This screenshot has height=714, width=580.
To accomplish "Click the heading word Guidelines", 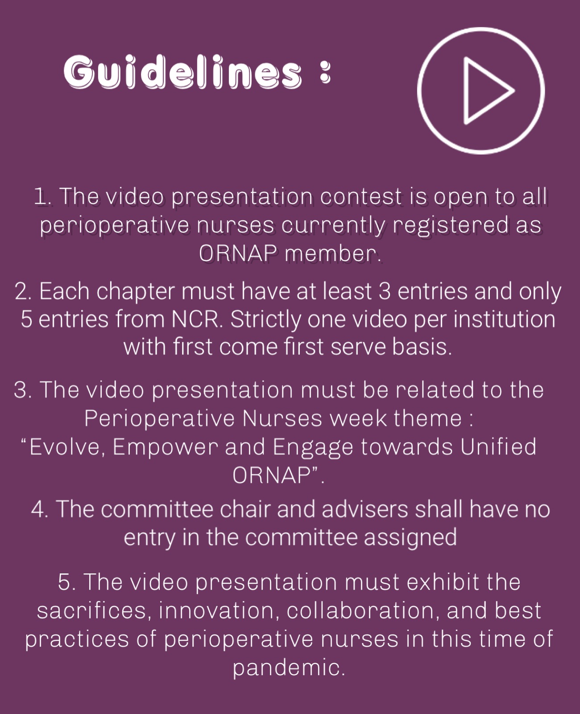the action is click(x=183, y=72).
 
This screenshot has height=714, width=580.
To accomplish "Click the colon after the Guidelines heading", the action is click(x=325, y=72).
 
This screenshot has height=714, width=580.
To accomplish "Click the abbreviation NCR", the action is click(x=197, y=319).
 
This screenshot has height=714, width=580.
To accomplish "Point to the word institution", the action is click(x=505, y=319).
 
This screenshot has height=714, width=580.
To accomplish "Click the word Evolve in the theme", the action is click(x=64, y=447).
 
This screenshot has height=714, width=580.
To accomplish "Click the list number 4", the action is click(x=40, y=509).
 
